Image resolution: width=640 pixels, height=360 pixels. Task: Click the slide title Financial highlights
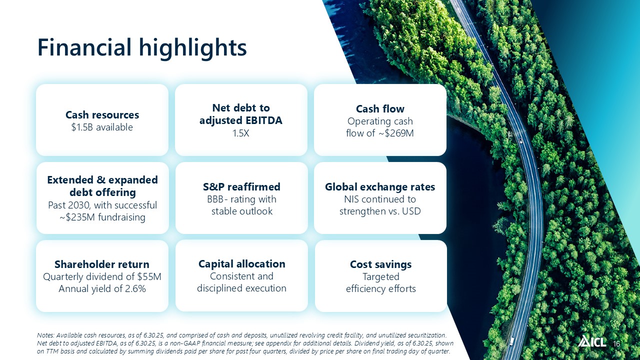pos(142,48)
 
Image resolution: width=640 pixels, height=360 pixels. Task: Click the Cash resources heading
pos(102,115)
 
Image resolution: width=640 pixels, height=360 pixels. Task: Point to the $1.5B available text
pos(102,127)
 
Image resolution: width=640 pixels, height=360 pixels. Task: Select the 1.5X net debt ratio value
pos(241,133)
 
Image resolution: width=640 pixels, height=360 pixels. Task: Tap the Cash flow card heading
pos(380,109)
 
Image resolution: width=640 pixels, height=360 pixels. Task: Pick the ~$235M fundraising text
pos(102,217)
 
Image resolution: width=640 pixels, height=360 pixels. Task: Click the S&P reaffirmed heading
pos(241,187)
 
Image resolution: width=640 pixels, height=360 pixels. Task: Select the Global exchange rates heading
pos(380,187)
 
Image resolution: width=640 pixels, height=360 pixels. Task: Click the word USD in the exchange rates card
pos(411,211)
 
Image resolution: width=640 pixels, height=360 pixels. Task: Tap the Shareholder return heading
pos(102,264)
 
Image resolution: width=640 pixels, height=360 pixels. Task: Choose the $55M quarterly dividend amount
pos(149,276)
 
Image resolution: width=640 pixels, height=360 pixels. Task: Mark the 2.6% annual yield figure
pos(135,288)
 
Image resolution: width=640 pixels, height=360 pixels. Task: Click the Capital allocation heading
pos(241,263)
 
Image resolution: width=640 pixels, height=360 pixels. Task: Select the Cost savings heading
pos(380,264)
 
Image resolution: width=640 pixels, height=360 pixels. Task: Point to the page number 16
pos(616,343)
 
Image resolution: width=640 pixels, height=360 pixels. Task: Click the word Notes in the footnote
pos(45,335)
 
